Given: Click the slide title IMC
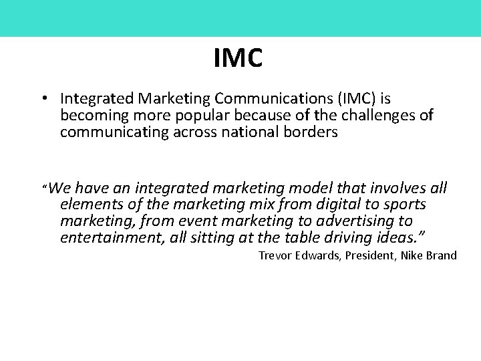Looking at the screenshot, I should pyautogui.click(x=238, y=58).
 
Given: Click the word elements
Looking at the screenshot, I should pyautogui.click(x=88, y=205).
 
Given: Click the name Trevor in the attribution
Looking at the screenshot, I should pyautogui.click(x=275, y=255).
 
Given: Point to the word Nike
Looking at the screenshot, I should pyautogui.click(x=414, y=255).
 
